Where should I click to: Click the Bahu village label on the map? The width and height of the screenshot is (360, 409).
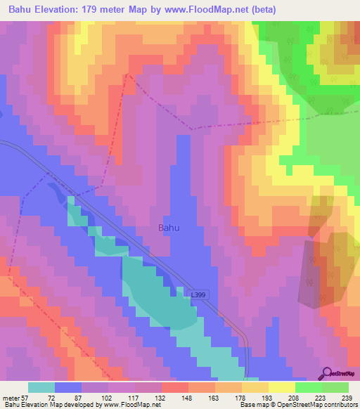pyautogui.click(x=169, y=228)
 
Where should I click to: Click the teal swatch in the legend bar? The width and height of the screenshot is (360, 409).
pyautogui.click(x=41, y=387)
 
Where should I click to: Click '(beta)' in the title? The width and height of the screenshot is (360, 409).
pyautogui.click(x=260, y=10)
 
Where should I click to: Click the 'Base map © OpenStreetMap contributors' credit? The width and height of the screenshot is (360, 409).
pyautogui.click(x=297, y=404)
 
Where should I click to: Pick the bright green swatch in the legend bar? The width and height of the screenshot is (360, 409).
pyautogui.click(x=308, y=387)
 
